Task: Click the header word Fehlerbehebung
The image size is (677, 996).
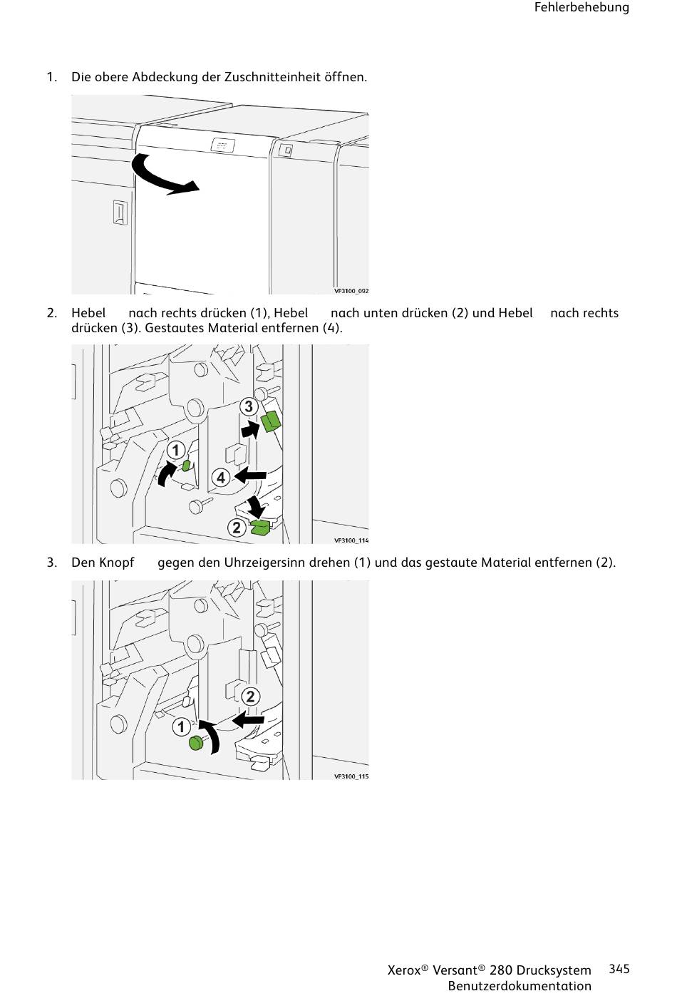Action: pos(582,8)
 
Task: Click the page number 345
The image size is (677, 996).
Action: pos(619,968)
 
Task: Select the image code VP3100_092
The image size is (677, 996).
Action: pos(351,291)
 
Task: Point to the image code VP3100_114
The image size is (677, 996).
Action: pos(351,540)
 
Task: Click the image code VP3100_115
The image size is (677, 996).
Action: pos(351,776)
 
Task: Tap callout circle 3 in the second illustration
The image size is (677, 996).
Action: pos(248,406)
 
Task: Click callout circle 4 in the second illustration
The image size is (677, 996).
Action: pos(221,477)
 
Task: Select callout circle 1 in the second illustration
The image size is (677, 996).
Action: pos(176,450)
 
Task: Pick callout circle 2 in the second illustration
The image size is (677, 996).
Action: pos(237,528)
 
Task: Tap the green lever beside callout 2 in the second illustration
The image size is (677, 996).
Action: pos(259,528)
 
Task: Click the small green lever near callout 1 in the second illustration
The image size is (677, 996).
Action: pos(186,466)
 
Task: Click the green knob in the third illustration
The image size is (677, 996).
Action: pos(196,744)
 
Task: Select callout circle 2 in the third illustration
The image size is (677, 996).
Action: pos(250,697)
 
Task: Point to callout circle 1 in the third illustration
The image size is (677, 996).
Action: pos(181,727)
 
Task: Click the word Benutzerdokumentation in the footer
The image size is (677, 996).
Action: pos(520,986)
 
